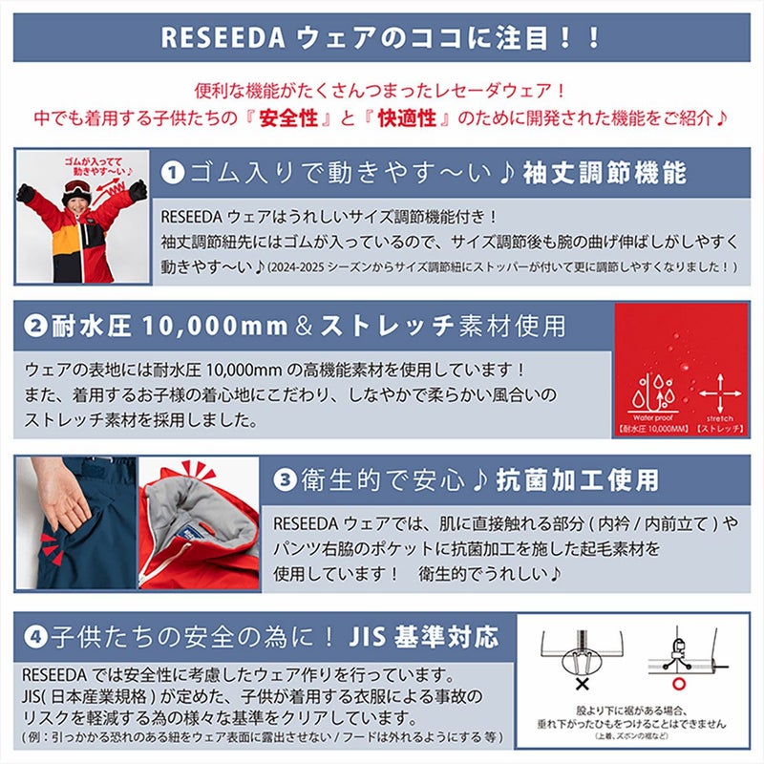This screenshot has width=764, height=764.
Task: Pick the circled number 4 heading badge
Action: (x=35, y=634)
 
